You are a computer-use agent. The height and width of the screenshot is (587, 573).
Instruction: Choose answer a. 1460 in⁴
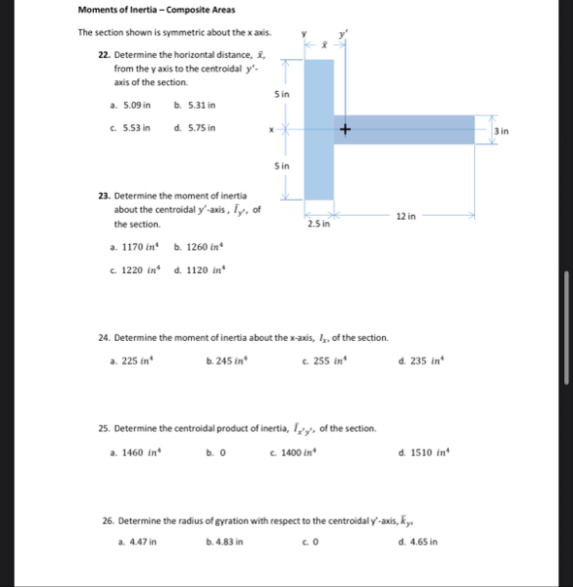coord(136,452)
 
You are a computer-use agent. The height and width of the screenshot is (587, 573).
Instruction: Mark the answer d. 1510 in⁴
coord(421,452)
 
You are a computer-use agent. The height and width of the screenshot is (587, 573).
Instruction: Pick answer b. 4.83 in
coord(225,541)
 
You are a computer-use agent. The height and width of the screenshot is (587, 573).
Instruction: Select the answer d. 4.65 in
coord(418,541)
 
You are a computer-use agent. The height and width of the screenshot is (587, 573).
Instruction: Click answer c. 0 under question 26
coord(308,541)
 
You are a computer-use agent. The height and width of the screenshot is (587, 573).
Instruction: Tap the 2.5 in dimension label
coord(319,224)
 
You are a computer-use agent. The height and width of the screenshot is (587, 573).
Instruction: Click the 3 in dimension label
coord(500,130)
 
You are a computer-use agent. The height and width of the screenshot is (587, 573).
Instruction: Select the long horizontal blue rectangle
coord(407,130)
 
